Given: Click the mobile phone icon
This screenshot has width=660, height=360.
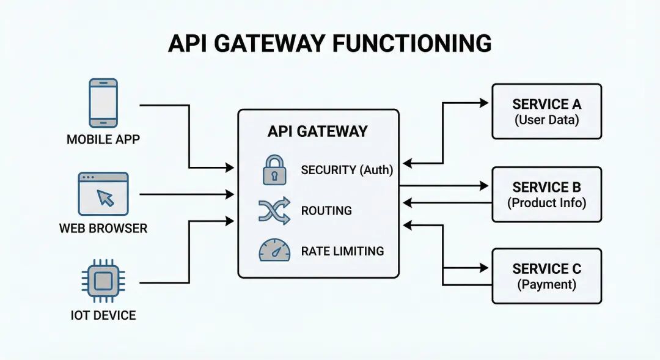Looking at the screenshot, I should click(x=103, y=103).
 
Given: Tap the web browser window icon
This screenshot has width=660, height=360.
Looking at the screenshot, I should click(x=103, y=194).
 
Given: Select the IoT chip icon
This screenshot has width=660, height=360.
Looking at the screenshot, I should click(x=103, y=281).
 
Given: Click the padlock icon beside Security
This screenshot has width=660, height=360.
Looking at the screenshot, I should click(x=274, y=169).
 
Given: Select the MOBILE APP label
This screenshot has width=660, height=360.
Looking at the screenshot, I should click(x=103, y=139).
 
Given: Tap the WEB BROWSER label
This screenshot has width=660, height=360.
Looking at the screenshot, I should click(x=103, y=229).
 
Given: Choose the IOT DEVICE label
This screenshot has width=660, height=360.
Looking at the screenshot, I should click(x=103, y=316).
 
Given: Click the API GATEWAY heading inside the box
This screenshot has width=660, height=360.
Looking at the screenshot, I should click(x=317, y=131).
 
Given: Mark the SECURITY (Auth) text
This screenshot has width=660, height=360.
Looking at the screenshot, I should click(x=346, y=170).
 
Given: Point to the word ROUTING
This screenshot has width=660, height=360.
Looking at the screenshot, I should click(x=326, y=211).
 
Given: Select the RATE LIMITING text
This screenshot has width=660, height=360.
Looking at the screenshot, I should click(x=342, y=251).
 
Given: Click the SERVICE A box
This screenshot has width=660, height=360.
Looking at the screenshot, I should click(x=546, y=111).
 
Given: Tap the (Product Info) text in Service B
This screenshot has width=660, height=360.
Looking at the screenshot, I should click(x=546, y=202).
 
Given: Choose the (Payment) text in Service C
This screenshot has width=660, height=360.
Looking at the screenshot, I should click(x=546, y=284).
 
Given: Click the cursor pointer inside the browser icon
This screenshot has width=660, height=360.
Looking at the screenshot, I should click(x=106, y=197).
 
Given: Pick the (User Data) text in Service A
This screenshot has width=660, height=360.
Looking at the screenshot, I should click(x=546, y=120).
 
